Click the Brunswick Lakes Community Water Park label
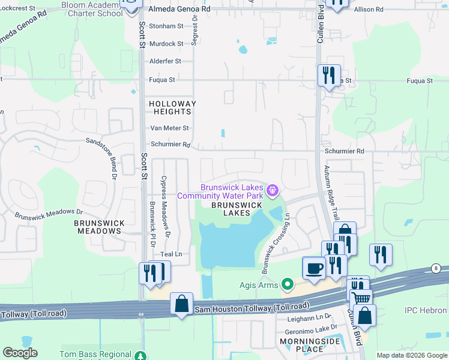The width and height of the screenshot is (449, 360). click(x=220, y=191)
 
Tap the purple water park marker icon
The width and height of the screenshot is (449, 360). click(x=273, y=191)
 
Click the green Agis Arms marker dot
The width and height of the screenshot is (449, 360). click(x=288, y=284)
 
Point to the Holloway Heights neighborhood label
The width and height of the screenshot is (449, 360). click(x=173, y=107)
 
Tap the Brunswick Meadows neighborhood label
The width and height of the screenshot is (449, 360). click(x=100, y=227)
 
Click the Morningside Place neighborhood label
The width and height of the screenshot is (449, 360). click(x=303, y=345)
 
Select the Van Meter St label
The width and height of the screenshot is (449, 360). click(x=169, y=128)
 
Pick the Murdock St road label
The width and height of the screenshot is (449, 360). click(x=166, y=44)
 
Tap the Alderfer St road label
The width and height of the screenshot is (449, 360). click(x=165, y=61)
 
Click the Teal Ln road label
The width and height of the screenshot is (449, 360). click(x=170, y=254)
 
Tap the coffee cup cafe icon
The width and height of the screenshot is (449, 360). click(x=313, y=268)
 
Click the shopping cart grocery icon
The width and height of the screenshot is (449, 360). click(x=361, y=299)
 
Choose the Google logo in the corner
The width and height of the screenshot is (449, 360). click(x=20, y=353)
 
